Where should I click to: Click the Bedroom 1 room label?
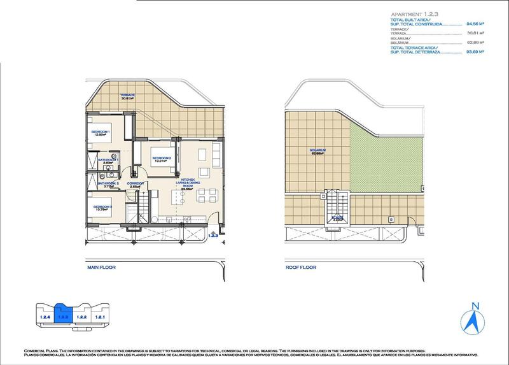101,132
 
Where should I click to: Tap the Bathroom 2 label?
108,185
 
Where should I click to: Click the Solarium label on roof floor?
319,152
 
